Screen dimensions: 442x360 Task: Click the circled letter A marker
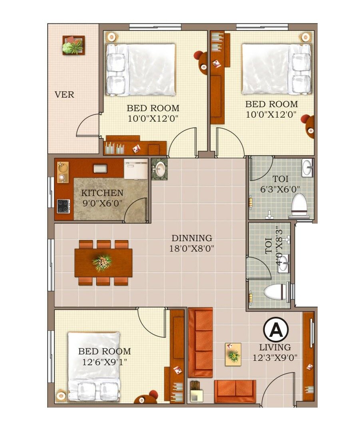[x=276, y=330]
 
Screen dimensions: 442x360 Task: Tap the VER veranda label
[x=64, y=95]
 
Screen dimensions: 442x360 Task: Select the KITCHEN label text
[x=102, y=193]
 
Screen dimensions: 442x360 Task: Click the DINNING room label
[x=191, y=238]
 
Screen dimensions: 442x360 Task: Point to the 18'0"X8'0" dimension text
[x=192, y=248]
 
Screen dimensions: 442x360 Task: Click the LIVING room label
[x=275, y=347]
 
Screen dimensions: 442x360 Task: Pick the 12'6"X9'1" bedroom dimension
[x=104, y=362]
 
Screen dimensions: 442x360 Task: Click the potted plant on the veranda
[x=73, y=46]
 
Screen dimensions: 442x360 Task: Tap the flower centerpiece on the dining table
[x=102, y=262]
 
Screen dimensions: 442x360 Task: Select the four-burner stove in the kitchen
[x=63, y=206]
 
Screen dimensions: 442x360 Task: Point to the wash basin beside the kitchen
[x=160, y=170]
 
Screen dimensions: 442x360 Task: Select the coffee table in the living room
[x=233, y=354]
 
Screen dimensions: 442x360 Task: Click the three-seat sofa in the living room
[x=200, y=342]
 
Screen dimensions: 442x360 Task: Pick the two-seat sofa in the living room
[x=235, y=391]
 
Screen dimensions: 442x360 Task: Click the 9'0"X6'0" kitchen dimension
[x=102, y=203]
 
